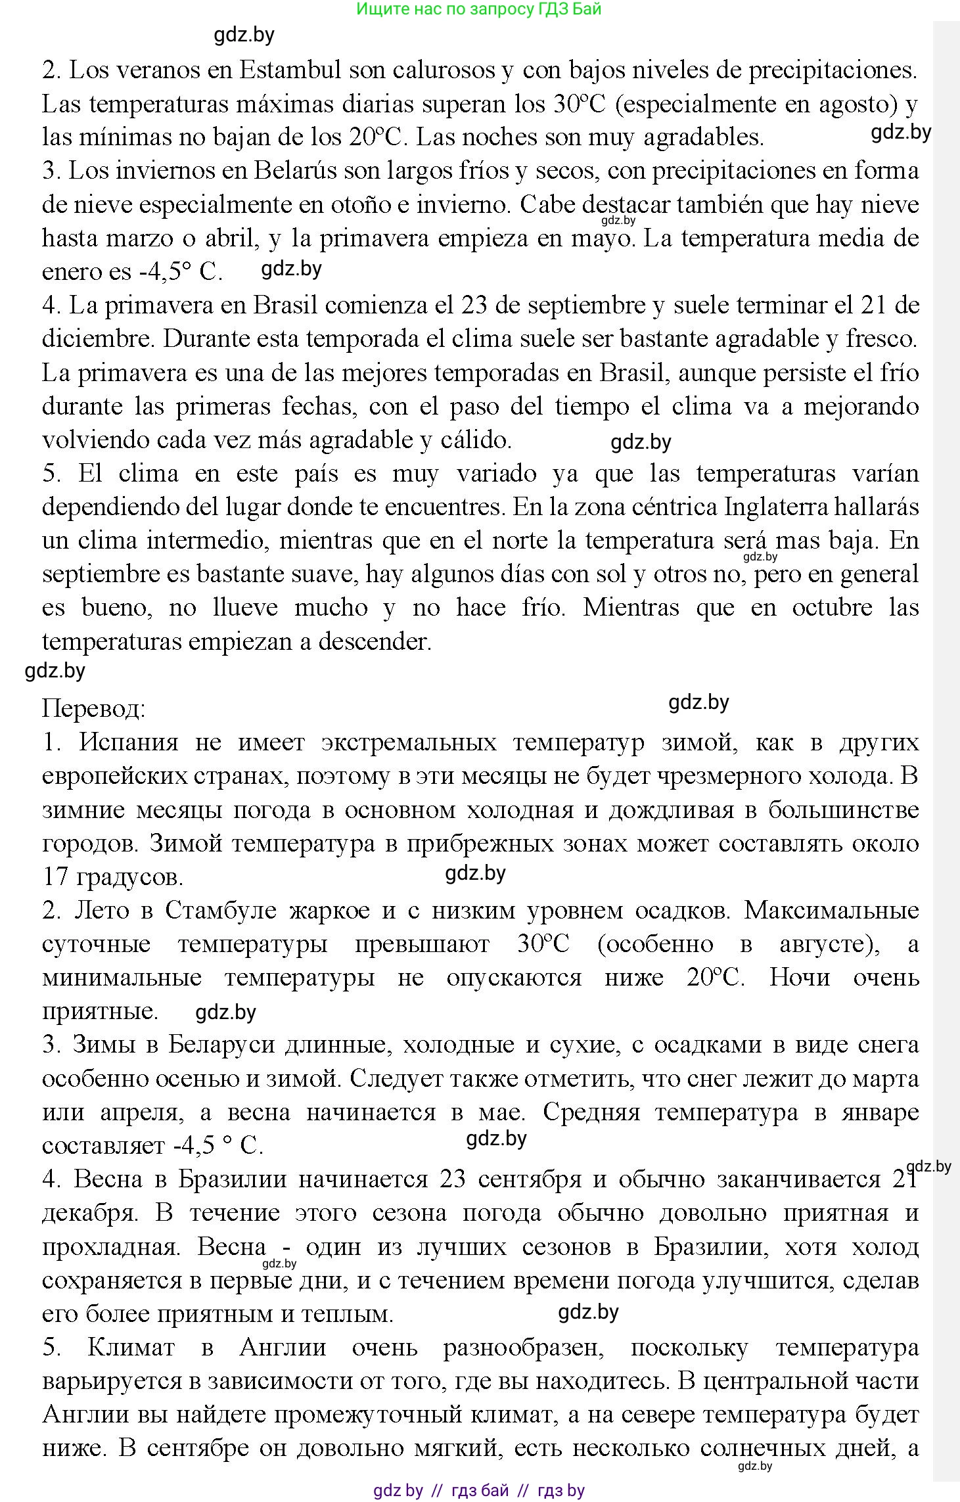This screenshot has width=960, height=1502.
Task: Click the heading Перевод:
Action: [93, 709]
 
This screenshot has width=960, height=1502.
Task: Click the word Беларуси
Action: [221, 1045]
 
